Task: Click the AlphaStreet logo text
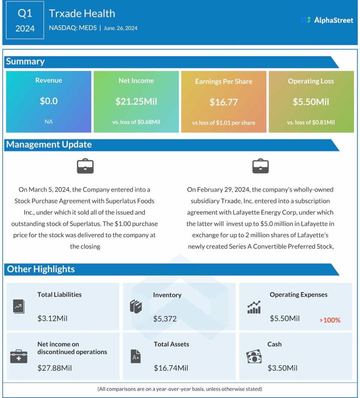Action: [333, 20]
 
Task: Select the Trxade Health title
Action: [82, 14]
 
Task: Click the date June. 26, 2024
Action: [121, 28]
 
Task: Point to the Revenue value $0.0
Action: [49, 101]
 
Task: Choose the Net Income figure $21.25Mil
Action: [136, 101]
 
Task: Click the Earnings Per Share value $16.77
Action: [224, 102]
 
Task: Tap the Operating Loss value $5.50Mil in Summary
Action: [311, 102]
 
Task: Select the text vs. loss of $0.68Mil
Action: [136, 122]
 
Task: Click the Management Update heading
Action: [49, 145]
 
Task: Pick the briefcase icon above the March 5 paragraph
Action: [85, 166]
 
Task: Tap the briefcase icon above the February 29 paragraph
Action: [260, 166]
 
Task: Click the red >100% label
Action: [330, 320]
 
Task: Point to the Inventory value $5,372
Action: [165, 319]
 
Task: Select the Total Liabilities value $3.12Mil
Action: [52, 318]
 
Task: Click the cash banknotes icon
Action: [254, 357]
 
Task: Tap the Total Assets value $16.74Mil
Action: [171, 368]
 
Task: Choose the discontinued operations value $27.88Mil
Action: [54, 368]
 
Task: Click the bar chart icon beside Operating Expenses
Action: [254, 307]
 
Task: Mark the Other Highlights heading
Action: [41, 269]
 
